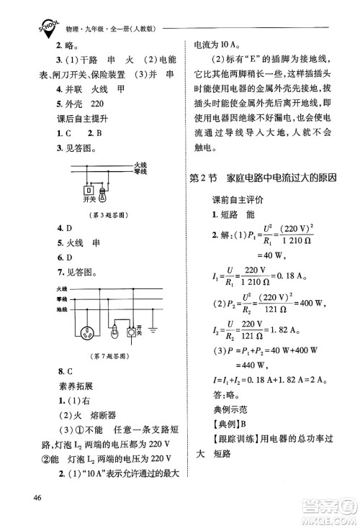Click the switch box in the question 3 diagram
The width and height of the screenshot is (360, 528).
click(90, 194)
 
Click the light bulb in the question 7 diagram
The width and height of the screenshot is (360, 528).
click(131, 332)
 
